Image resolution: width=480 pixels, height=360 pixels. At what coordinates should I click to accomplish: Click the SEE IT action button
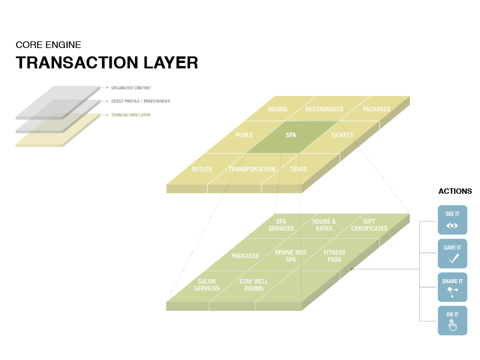click(452, 220)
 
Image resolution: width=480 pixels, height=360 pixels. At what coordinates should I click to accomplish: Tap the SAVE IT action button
click(452, 253)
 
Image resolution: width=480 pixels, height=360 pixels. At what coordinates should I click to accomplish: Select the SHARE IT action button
click(452, 287)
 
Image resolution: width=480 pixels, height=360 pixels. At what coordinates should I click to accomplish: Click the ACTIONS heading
click(455, 191)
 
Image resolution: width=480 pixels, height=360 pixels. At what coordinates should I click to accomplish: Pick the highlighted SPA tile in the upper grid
click(291, 136)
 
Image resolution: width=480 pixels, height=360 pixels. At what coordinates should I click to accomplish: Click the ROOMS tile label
click(277, 109)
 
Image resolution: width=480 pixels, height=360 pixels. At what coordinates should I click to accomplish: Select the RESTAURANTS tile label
click(324, 109)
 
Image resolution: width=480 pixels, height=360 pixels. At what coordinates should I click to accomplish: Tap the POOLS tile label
click(244, 136)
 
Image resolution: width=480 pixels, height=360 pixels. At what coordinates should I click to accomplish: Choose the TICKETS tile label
click(342, 136)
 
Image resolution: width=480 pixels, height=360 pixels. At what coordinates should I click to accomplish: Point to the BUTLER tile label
click(202, 169)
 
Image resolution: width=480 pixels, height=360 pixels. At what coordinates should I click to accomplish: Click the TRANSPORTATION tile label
click(251, 169)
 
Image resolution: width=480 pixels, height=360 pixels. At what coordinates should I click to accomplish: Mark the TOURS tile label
click(298, 169)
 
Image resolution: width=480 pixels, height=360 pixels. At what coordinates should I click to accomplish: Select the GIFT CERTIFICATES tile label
click(369, 225)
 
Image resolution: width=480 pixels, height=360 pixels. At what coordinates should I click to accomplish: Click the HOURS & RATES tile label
click(324, 225)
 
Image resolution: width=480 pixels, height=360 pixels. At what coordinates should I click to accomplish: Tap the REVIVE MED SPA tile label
click(290, 256)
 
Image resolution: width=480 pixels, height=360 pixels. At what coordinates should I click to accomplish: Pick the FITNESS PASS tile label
click(334, 256)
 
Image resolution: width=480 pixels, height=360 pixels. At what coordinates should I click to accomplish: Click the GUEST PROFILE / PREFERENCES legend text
click(140, 101)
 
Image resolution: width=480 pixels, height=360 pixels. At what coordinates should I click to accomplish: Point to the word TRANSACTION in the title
click(71, 63)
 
